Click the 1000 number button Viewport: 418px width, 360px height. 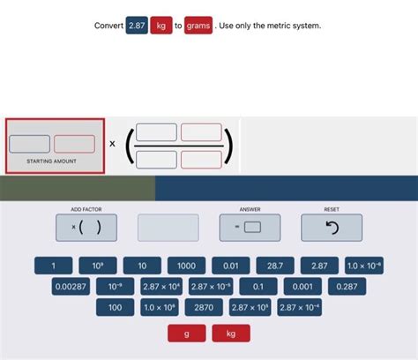186,266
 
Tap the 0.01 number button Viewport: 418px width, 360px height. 231,266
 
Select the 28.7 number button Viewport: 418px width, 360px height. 275,266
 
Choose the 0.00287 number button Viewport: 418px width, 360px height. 71,287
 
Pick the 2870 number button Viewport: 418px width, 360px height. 204,308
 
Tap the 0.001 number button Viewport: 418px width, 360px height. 302,287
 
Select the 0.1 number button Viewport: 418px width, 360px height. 258,287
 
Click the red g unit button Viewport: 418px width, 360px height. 187,334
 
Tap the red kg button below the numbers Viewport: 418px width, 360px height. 231,334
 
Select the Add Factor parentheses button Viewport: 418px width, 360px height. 86,228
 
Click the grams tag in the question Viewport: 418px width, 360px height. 198,26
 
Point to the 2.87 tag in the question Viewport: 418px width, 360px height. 137,26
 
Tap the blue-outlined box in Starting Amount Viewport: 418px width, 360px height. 30,143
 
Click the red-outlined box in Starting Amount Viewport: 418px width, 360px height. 74,143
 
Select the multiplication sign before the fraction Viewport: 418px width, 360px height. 113,143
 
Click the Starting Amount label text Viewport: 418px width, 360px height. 52,161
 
